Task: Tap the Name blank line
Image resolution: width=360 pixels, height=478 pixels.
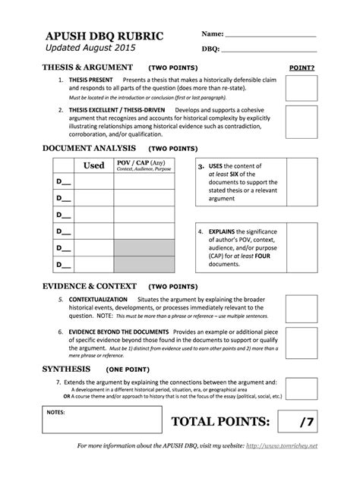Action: (270, 35)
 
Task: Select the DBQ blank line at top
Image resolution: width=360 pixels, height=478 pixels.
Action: (270, 49)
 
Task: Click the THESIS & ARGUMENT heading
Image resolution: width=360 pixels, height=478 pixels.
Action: (89, 67)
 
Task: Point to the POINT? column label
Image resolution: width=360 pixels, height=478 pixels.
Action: (302, 68)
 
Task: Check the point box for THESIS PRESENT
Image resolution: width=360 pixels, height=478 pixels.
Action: (302, 90)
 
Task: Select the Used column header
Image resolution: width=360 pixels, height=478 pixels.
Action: (93, 165)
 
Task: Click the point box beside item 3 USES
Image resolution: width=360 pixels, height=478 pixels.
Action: (302, 182)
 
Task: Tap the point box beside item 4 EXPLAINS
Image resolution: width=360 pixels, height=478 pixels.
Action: (302, 244)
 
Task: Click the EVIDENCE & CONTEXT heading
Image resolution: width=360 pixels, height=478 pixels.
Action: (90, 287)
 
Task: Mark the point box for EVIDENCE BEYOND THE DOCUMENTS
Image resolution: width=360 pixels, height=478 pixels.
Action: (302, 343)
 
